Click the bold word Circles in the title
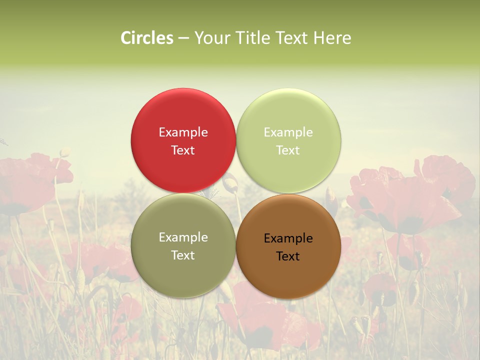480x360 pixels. (x=147, y=38)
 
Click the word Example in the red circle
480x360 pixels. (x=183, y=132)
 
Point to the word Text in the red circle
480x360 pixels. (x=183, y=150)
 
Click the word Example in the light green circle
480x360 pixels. (x=288, y=132)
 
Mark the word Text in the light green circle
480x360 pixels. (x=288, y=150)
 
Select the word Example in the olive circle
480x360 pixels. (x=183, y=237)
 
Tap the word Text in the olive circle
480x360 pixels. (x=183, y=255)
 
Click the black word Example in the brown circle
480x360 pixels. (x=288, y=238)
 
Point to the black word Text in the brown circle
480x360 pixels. (x=288, y=256)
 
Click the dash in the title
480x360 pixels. (x=183, y=38)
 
